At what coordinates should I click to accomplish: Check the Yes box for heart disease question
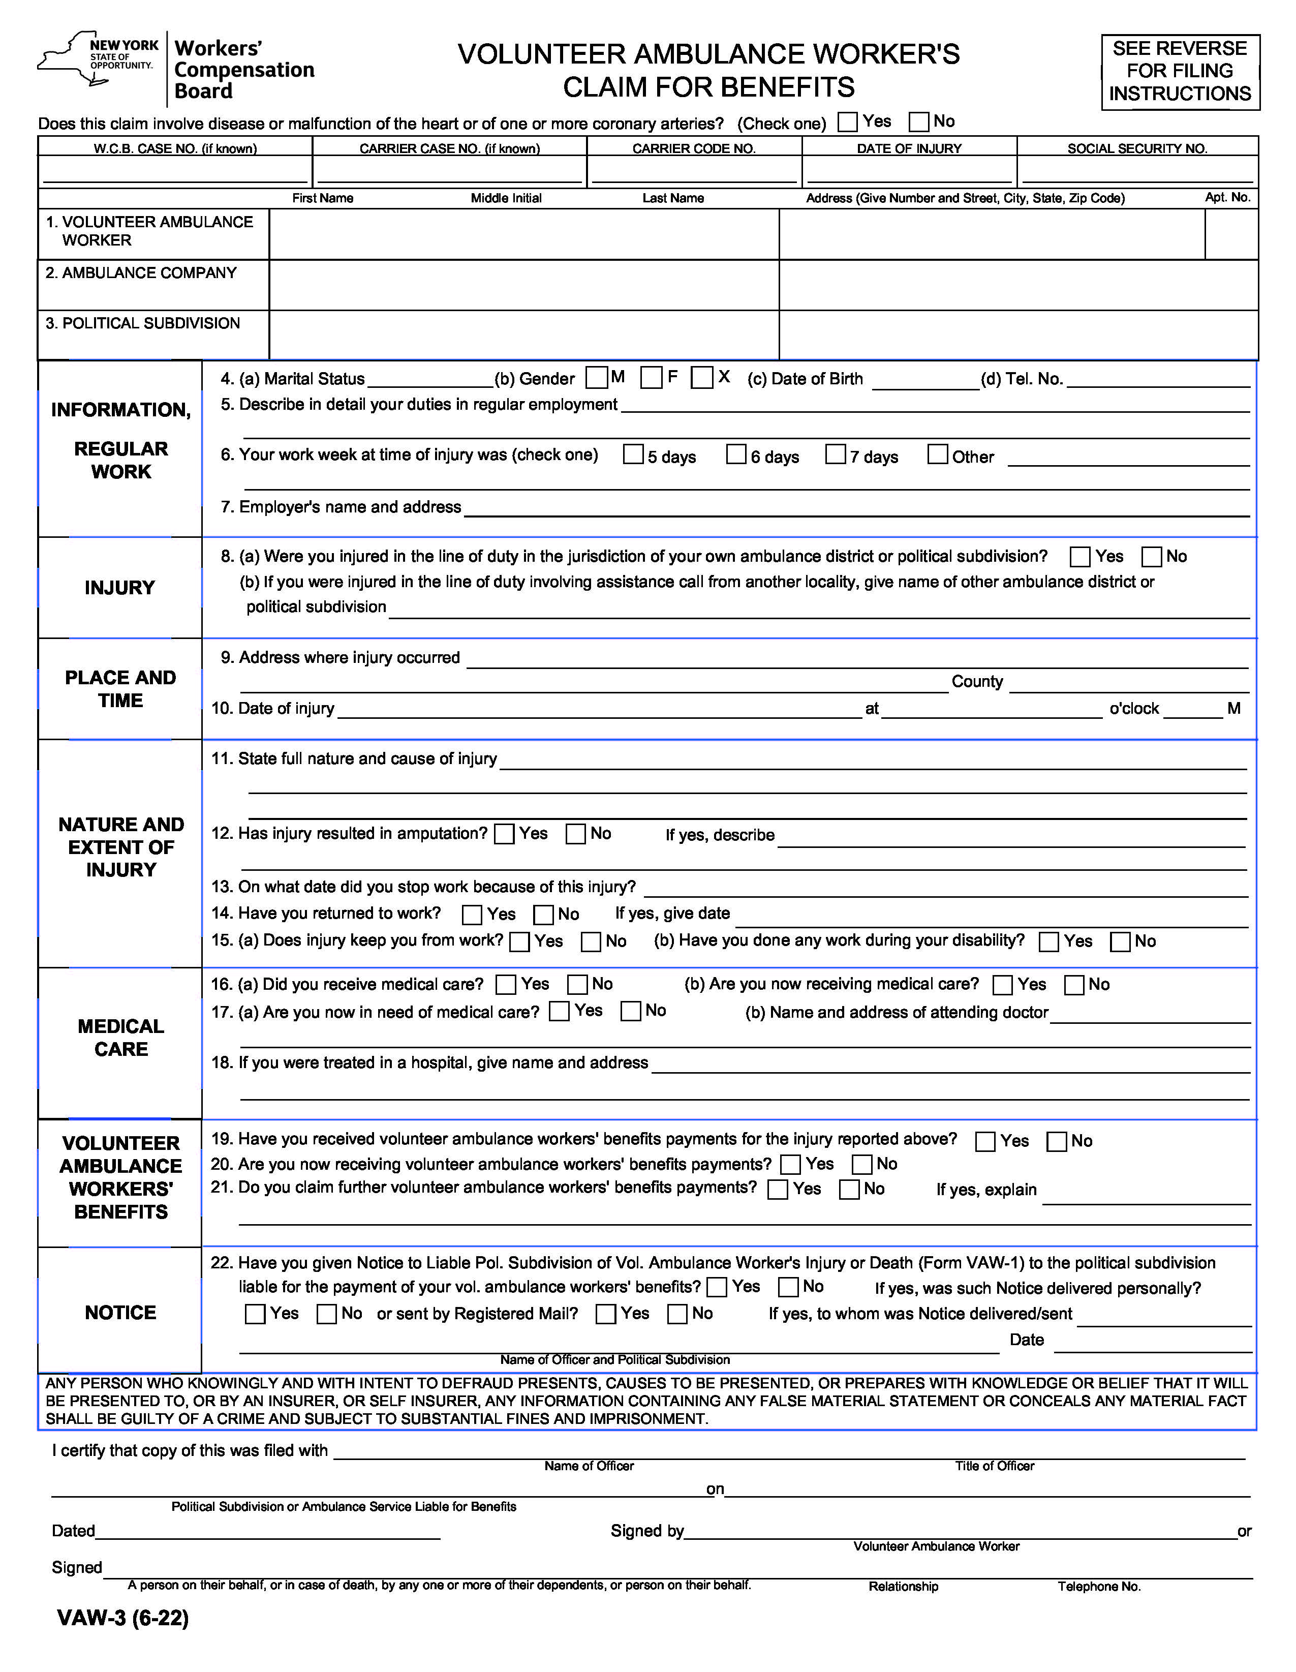coord(847,121)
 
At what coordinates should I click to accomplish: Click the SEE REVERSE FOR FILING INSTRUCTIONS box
coord(1180,71)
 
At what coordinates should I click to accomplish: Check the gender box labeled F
coord(652,377)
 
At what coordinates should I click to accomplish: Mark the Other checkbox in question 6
coord(938,454)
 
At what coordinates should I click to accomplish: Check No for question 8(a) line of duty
coord(1151,557)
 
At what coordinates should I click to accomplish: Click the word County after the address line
coord(977,681)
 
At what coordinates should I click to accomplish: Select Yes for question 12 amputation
coord(505,834)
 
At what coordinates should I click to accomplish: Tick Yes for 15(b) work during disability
coord(1048,941)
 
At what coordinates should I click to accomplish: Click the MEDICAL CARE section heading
coord(121,1038)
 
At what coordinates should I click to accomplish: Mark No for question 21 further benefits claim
coord(849,1190)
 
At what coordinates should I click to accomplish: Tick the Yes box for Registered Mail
coord(605,1314)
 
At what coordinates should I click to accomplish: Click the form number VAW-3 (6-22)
coord(122,1618)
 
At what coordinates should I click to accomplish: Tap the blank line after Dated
coord(268,1531)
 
